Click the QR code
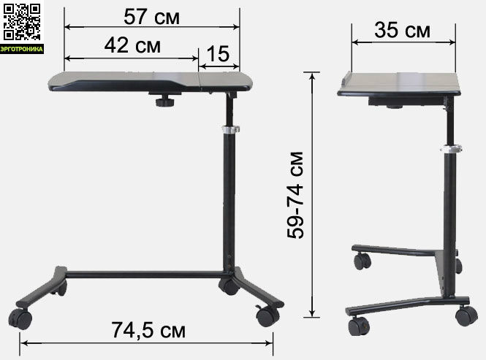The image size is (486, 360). (x=22, y=22)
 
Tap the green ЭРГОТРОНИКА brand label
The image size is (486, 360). (x=22, y=49)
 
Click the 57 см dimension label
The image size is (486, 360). (x=151, y=16)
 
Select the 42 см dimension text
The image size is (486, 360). (x=132, y=45)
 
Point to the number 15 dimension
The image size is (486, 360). (x=218, y=54)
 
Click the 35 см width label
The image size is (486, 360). (x=402, y=30)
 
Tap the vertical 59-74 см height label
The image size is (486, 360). (x=295, y=195)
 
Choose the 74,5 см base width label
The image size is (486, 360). (x=148, y=330)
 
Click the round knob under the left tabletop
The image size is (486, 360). (x=164, y=102)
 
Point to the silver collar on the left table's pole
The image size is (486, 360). (x=231, y=129)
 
